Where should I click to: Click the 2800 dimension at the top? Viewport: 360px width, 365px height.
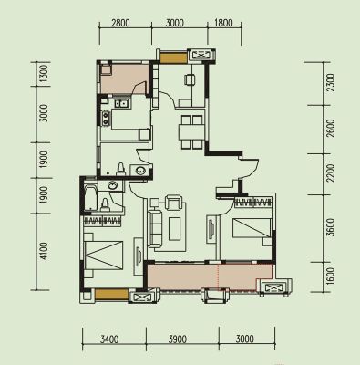point(120,23)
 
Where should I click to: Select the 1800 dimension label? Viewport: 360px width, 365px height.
point(223,23)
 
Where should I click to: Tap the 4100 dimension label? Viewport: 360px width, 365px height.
point(44,251)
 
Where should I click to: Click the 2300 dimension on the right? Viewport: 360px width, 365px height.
point(332,83)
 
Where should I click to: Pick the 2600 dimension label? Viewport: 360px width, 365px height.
point(332,129)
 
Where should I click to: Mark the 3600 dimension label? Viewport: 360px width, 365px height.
point(332,227)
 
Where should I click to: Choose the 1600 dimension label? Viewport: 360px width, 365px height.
point(332,276)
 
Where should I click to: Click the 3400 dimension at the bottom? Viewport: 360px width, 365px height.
point(109,339)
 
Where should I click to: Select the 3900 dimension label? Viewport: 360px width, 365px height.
point(178,339)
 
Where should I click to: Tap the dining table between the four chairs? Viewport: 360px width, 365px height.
point(191,131)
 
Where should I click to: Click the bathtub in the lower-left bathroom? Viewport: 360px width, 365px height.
point(90,196)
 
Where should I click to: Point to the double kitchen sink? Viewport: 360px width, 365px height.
point(121,103)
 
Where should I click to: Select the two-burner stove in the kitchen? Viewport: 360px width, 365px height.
point(106,119)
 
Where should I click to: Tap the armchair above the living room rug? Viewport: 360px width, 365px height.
point(173,203)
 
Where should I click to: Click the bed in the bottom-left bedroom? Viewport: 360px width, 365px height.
point(104,255)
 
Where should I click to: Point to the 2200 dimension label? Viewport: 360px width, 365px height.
point(332,173)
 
